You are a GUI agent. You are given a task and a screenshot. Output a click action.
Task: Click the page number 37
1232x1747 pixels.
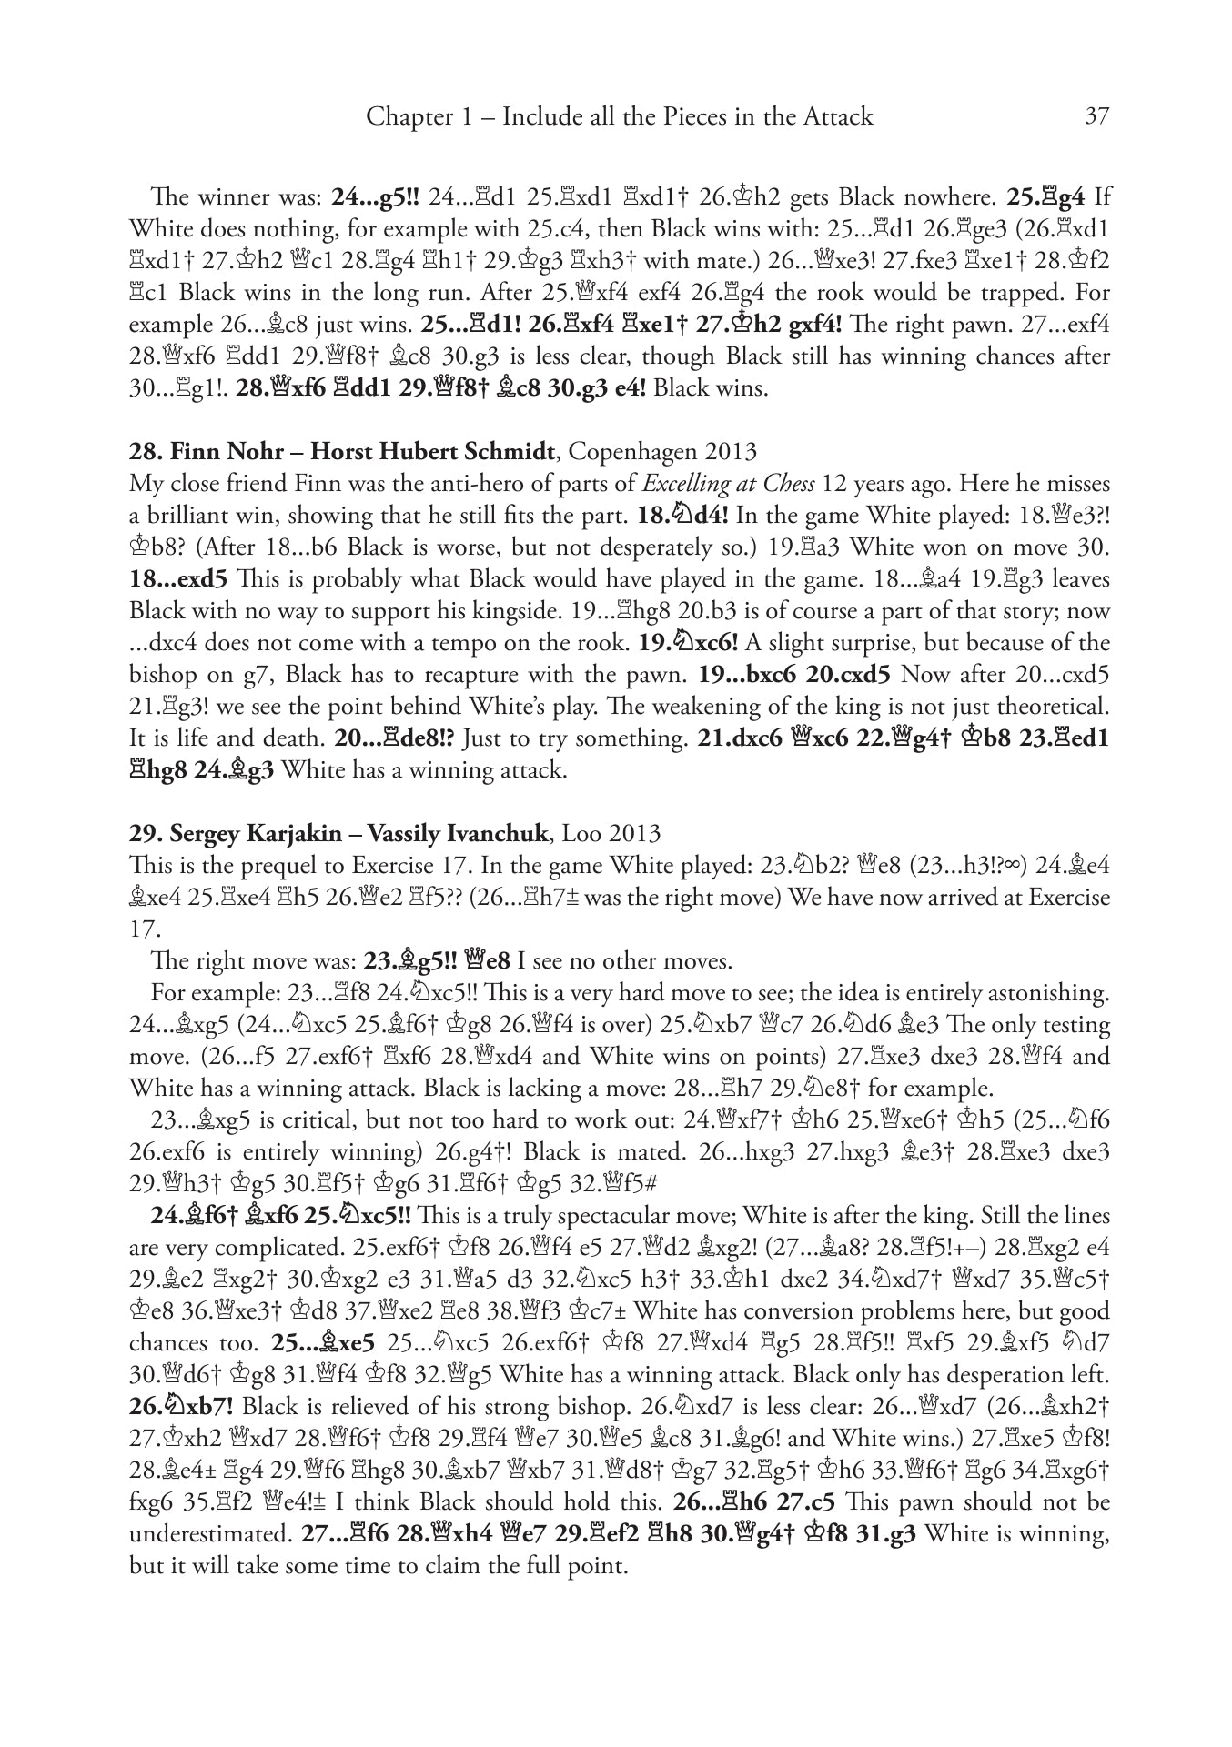pos(1095,117)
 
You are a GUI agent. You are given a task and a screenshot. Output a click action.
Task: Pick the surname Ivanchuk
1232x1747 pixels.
pos(493,834)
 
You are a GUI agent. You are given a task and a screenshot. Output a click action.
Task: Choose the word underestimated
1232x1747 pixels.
pos(208,1534)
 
